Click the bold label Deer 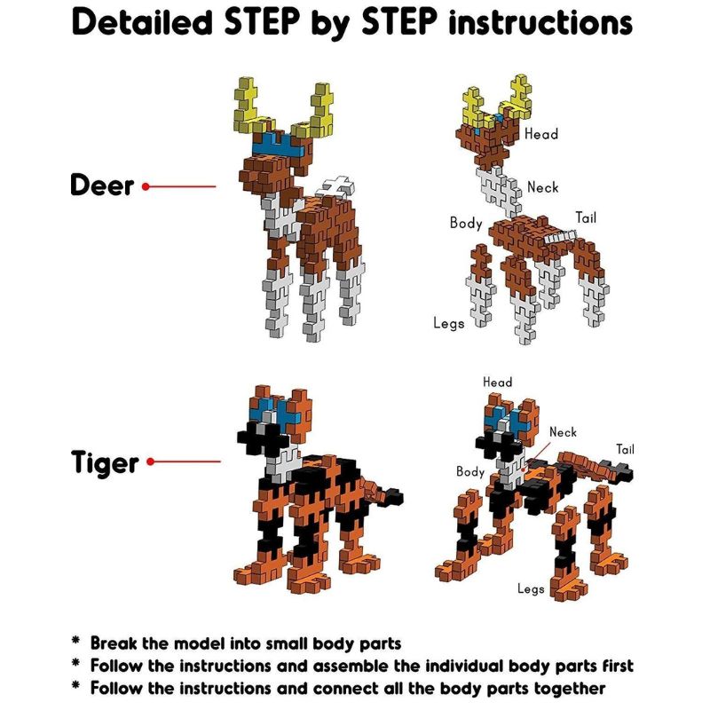[102, 185]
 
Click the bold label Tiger [105, 462]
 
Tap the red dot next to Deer [146, 186]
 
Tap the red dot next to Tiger [151, 461]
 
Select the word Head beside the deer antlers [541, 134]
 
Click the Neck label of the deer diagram [543, 187]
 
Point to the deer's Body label [466, 223]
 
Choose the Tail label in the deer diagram [586, 217]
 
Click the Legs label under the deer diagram [449, 323]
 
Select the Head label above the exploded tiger [497, 383]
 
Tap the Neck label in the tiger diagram [563, 432]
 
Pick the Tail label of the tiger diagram [625, 449]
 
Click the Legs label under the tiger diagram [531, 589]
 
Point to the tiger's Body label [470, 472]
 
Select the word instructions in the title [540, 23]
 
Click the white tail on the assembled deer [338, 186]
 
